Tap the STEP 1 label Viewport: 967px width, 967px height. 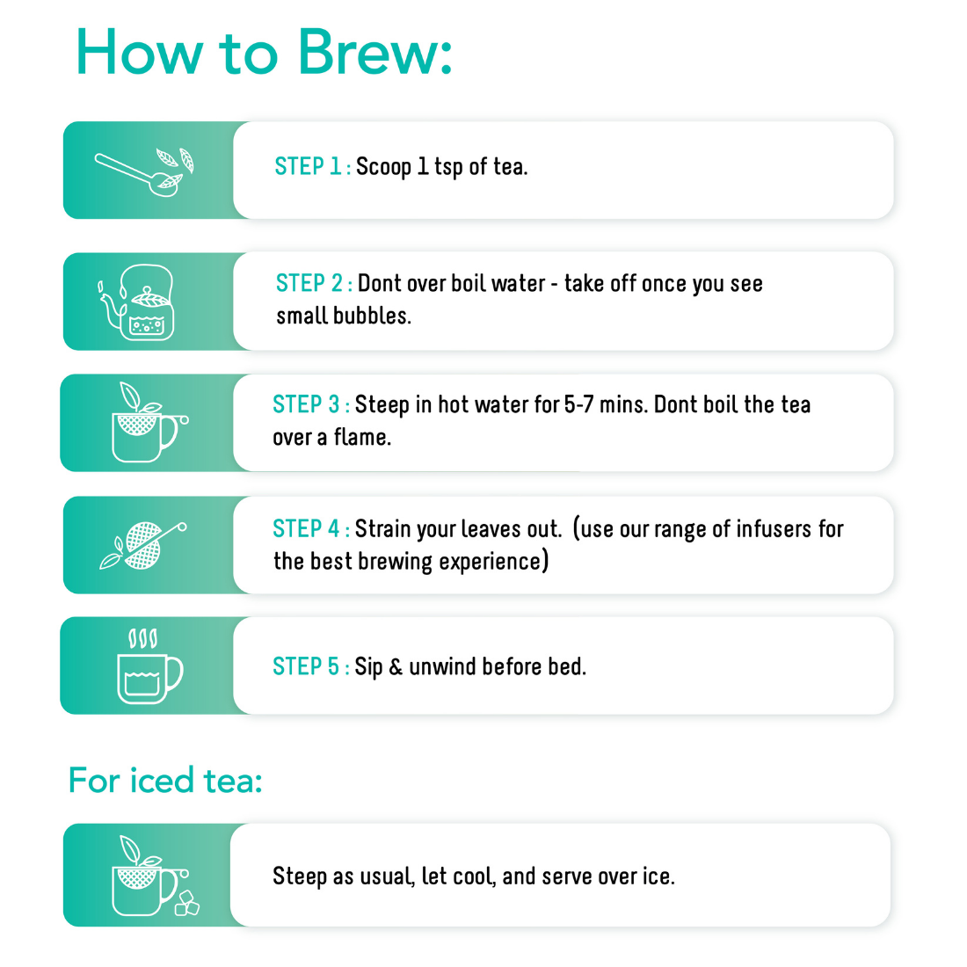[x=312, y=166]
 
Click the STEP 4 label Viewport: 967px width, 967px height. [x=310, y=528]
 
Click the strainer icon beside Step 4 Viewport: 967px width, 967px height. [x=143, y=545]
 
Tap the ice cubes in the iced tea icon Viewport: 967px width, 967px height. [x=186, y=904]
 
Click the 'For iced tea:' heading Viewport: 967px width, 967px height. [x=165, y=781]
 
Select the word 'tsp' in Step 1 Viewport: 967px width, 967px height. [x=448, y=167]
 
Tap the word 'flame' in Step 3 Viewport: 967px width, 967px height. [x=361, y=437]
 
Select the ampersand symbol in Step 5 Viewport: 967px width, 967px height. [x=396, y=667]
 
